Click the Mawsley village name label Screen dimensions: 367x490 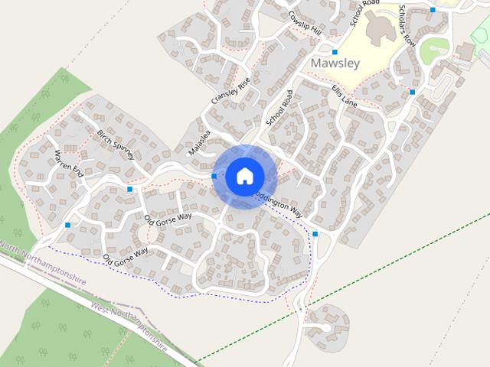[335, 63]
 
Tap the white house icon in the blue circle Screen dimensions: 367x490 [244, 176]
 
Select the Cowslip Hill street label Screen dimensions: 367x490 [305, 22]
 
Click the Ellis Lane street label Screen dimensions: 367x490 [345, 98]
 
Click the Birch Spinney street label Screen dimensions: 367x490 [116, 144]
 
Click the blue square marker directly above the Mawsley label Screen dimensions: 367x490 [335, 52]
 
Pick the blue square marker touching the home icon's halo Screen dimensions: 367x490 [214, 177]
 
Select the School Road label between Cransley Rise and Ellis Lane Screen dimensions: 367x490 [279, 107]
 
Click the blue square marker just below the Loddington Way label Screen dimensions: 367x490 [315, 234]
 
